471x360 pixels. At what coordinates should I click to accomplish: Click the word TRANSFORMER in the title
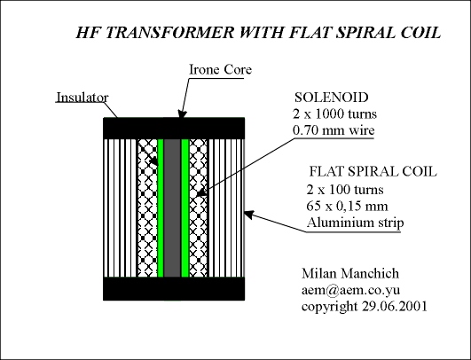169,33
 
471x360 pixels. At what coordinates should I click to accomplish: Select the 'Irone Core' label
220,70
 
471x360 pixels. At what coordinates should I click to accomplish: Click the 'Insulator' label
82,98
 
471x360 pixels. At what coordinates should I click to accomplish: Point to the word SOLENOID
332,98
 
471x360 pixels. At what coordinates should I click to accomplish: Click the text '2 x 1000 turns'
334,113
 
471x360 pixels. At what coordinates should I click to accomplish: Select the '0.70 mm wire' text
334,130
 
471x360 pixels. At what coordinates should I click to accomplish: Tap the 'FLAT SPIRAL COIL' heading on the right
373,171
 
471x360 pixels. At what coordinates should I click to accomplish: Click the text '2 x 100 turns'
345,190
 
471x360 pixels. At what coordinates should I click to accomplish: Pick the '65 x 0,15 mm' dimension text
347,207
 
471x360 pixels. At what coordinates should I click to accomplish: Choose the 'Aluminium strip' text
356,223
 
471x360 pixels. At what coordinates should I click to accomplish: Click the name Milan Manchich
350,273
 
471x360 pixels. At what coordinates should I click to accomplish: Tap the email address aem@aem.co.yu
350,290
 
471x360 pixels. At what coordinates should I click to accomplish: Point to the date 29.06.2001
395,306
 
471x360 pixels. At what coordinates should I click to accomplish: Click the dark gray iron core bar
172,207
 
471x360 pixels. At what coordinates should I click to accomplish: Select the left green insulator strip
161,207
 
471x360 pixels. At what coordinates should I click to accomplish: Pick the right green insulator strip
185,207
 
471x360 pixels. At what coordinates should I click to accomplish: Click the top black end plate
174,129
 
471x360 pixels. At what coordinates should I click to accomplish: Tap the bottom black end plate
174,288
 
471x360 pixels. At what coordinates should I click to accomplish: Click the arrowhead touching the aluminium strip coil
249,215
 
